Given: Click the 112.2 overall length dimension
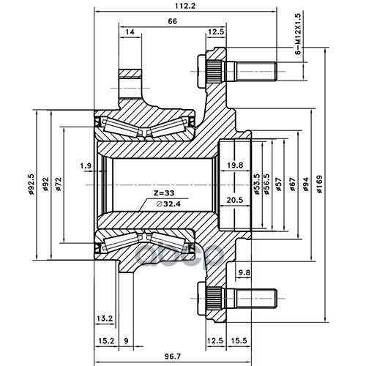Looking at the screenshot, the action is (x=185, y=6).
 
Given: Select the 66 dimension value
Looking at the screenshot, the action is (x=172, y=21).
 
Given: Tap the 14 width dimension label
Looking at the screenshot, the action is (x=130, y=31).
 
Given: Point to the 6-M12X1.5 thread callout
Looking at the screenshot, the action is (x=298, y=34).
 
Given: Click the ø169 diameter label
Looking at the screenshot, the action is (x=319, y=184).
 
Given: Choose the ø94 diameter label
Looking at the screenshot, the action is (x=305, y=184).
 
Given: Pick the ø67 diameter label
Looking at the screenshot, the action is (x=292, y=184).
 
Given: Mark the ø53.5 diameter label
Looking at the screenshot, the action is (x=256, y=184).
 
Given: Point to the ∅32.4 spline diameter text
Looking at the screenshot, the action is (x=168, y=204).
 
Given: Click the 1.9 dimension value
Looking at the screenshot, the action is (x=86, y=166).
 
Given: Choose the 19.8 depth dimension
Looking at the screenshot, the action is (x=235, y=165).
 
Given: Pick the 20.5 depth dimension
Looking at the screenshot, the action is (x=235, y=200).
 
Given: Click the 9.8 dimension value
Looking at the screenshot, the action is (x=244, y=272).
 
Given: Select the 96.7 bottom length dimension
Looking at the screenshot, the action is (x=173, y=356).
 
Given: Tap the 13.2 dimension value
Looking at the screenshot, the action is (x=105, y=318).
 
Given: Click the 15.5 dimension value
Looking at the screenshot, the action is (x=239, y=340).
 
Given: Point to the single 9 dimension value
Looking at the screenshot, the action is (x=126, y=340).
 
